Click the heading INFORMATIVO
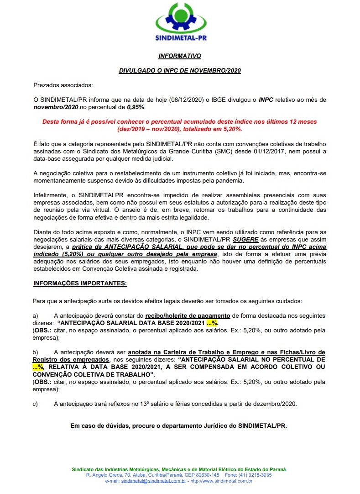coord(180,57)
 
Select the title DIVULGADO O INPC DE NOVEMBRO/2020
coord(180,71)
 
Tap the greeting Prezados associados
coord(63,85)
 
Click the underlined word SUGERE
coord(245,238)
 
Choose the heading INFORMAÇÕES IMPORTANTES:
coord(80,284)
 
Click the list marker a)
coord(36,315)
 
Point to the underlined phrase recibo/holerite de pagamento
coord(188,315)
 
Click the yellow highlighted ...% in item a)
coord(212,323)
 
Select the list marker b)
coord(36,352)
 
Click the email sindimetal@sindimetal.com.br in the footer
coord(153,481)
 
